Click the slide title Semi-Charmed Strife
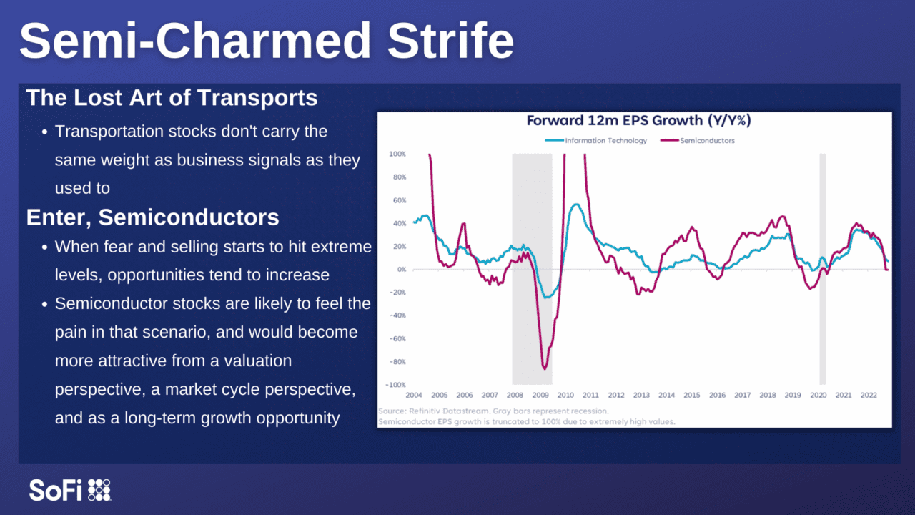point(266,41)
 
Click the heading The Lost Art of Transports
point(172,98)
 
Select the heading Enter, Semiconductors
point(152,217)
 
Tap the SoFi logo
point(70,490)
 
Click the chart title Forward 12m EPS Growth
point(638,121)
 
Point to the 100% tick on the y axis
point(397,154)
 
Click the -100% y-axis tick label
point(396,385)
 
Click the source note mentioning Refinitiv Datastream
point(493,411)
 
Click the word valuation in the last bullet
point(250,361)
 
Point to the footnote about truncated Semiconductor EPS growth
point(526,422)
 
